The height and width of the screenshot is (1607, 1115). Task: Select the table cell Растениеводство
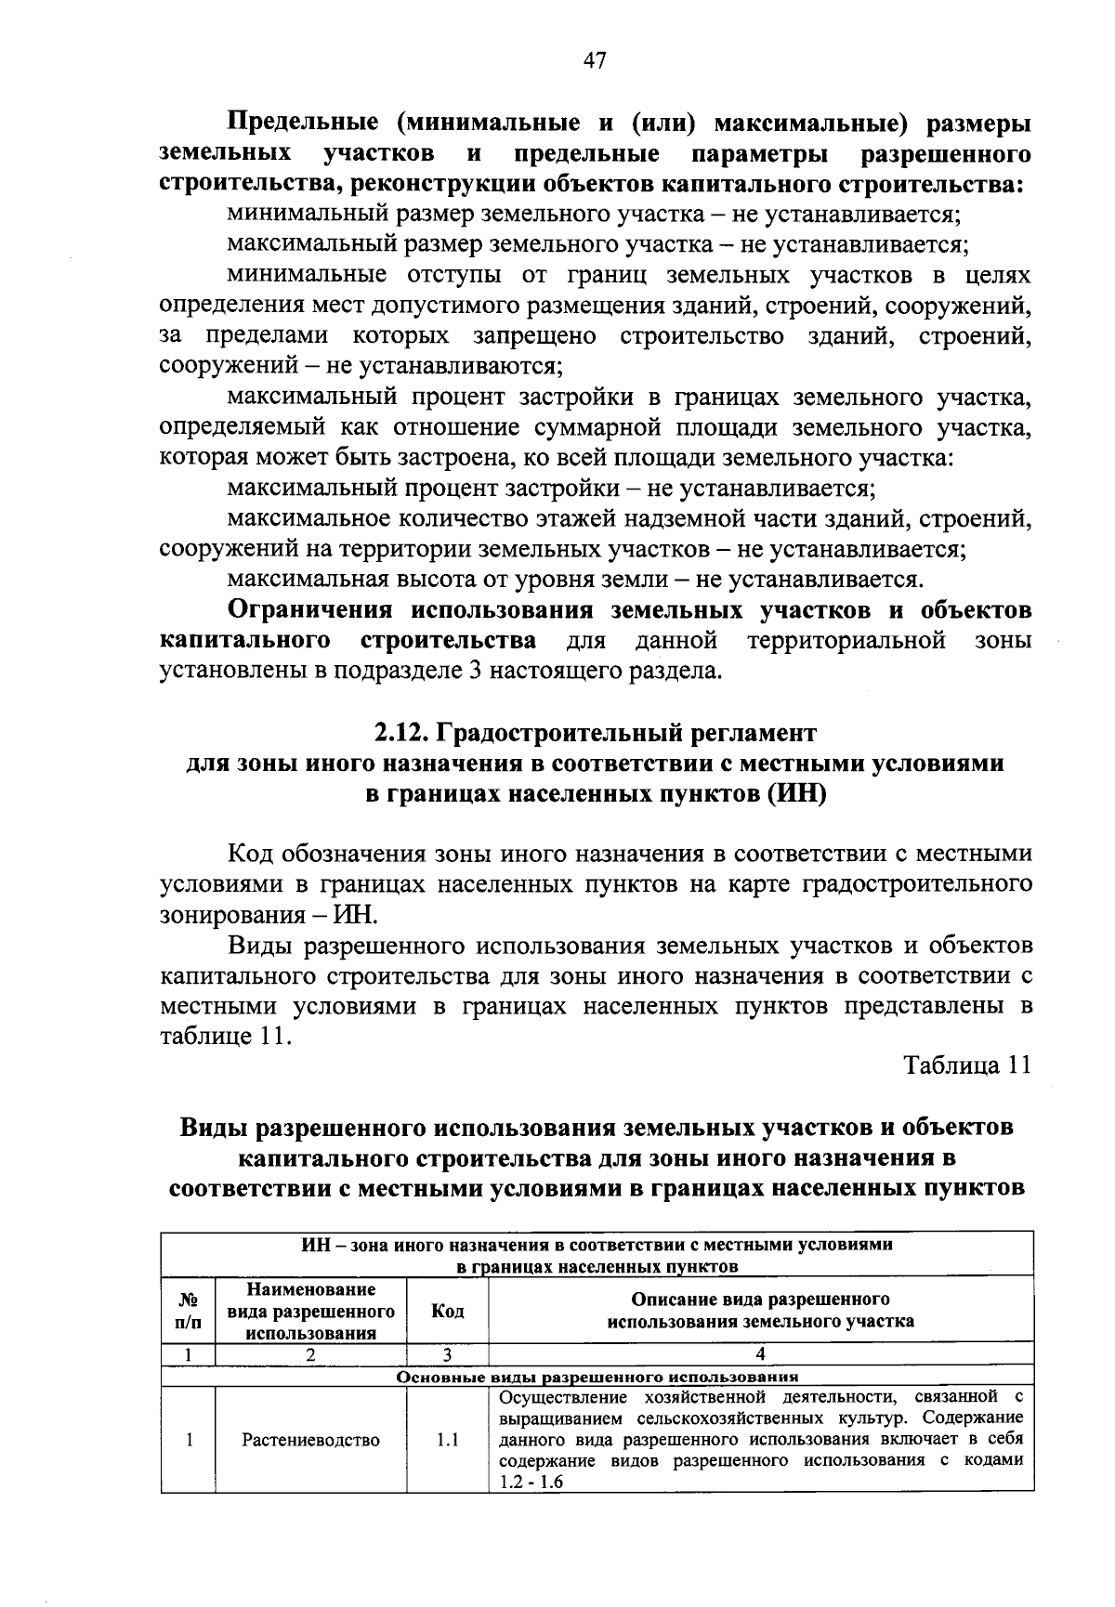tap(310, 1440)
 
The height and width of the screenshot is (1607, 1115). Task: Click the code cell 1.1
tap(448, 1440)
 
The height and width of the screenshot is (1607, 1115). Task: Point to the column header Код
tap(448, 1311)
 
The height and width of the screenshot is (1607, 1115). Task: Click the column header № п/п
tap(188, 1311)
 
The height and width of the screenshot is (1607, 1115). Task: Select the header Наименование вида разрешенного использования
tap(310, 1311)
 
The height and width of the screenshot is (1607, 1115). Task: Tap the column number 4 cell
tap(760, 1353)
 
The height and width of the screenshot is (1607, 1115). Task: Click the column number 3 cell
tap(447, 1353)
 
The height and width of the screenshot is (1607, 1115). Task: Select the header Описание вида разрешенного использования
tap(760, 1311)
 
